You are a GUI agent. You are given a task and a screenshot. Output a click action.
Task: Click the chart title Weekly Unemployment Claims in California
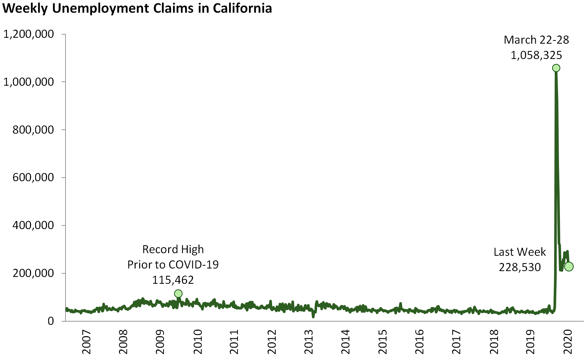pos(137,8)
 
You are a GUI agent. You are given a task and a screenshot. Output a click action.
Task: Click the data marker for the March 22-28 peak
pos(556,68)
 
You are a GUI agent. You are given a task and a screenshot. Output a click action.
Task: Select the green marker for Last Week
pos(569,267)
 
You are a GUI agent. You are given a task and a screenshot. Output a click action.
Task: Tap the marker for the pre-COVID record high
pos(178,294)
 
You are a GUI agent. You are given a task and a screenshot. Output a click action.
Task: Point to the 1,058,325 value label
pos(536,55)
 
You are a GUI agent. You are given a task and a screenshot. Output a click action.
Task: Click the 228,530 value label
pos(520,267)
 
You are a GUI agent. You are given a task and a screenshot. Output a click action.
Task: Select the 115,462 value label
pos(173,280)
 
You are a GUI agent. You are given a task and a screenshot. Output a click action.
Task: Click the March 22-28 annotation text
pos(536,40)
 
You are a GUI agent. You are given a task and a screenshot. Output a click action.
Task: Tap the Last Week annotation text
pos(520,252)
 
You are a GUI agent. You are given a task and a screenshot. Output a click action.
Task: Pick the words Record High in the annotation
pos(173,249)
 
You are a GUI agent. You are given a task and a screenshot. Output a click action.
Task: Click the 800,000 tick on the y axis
pos(33,130)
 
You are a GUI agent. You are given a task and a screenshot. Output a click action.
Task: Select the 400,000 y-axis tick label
pos(33,225)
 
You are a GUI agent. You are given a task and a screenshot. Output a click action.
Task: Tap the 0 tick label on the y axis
pos(51,321)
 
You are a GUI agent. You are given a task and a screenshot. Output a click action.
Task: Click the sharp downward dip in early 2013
pos(313,316)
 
